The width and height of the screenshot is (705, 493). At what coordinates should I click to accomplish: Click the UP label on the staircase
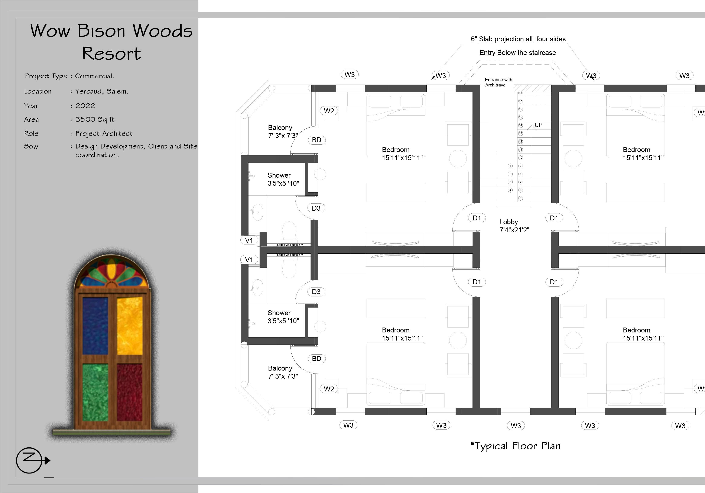click(x=538, y=125)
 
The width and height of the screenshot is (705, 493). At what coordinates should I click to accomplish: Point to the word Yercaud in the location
click(x=89, y=91)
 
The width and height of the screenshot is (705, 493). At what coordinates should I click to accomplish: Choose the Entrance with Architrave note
click(x=498, y=82)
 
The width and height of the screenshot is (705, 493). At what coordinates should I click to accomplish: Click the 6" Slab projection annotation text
click(x=518, y=39)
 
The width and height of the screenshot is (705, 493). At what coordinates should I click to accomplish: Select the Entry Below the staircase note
click(x=517, y=52)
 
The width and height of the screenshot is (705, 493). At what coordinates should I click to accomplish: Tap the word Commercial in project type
click(x=95, y=76)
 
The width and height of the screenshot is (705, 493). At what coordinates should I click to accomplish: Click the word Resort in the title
click(x=111, y=54)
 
